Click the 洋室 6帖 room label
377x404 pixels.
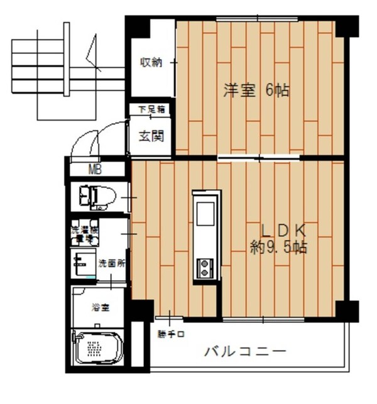coord(256,90)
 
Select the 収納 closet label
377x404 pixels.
coord(151,62)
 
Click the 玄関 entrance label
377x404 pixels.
coord(151,135)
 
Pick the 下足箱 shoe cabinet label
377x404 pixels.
coord(151,110)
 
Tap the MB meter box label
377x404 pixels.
coord(95,170)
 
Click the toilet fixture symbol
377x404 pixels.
coord(101,197)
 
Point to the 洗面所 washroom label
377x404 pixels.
coord(112,263)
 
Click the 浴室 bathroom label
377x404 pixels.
coord(101,307)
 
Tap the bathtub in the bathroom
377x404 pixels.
coord(97,347)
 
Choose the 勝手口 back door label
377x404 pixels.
coord(170,334)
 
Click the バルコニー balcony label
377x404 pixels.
coord(245,352)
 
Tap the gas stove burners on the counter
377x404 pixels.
coord(205,268)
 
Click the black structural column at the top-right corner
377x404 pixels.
coord(347,26)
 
